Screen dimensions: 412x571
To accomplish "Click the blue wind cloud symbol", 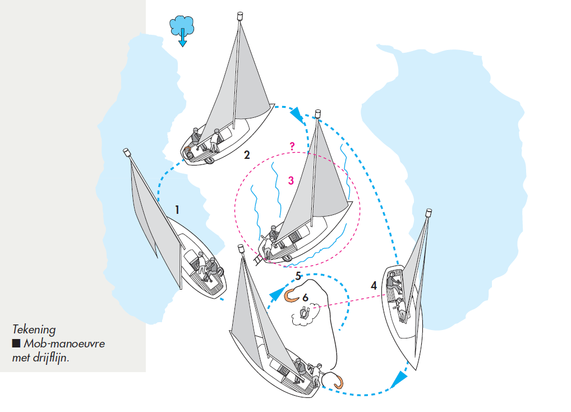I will coord(182,26).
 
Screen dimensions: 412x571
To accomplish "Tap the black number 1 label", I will coord(177,210).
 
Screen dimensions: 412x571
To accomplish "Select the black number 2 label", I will coord(247,154).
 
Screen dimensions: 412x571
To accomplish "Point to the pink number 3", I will coord(291,181).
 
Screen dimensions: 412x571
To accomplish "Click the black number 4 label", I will coord(374,286).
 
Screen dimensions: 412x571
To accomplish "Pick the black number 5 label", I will coord(299,276).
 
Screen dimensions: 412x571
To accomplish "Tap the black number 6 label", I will coord(305,296).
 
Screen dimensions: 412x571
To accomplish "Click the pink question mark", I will coord(292,146).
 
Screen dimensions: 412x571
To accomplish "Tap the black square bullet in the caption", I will coord(16,344).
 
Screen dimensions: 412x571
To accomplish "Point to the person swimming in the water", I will coord(304,313).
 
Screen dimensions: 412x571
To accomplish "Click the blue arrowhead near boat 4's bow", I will coord(399,379).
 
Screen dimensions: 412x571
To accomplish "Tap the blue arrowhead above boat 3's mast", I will coord(296,116).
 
